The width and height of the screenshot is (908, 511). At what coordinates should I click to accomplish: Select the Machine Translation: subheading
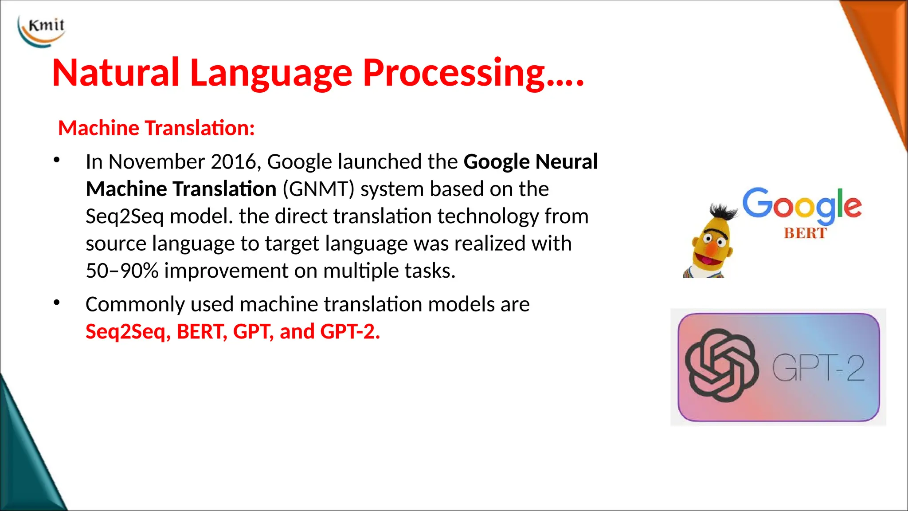coord(157,128)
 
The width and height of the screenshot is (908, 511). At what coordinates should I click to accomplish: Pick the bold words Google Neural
coord(531,162)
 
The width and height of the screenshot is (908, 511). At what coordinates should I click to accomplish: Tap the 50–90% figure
coord(122,271)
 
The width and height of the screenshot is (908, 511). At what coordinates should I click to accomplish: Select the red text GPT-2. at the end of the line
coord(350,332)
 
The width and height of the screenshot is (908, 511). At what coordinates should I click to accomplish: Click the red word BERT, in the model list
coord(202,332)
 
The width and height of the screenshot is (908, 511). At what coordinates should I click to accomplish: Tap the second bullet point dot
coord(56,303)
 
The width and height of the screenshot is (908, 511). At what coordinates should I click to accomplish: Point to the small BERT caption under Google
coord(805,233)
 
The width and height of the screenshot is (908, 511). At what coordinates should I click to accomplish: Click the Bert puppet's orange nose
coord(711,249)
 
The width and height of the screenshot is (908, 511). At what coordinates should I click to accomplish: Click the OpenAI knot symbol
coord(721,366)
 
